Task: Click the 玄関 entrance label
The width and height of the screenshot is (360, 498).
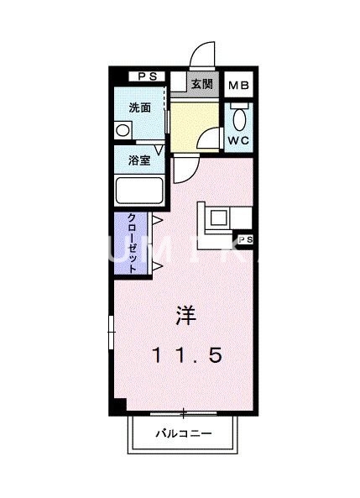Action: (201, 84)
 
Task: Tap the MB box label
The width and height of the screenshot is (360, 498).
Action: (238, 84)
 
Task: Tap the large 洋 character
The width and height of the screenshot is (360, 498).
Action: (185, 317)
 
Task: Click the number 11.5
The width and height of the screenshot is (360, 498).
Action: (186, 356)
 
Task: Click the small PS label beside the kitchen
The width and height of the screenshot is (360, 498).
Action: (246, 241)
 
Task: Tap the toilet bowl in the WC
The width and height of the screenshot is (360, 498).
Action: (237, 116)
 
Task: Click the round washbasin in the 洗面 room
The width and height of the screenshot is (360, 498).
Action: (123, 131)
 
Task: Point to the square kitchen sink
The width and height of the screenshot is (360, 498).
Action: (217, 218)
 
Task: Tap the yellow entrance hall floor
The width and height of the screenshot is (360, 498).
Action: (192, 124)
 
